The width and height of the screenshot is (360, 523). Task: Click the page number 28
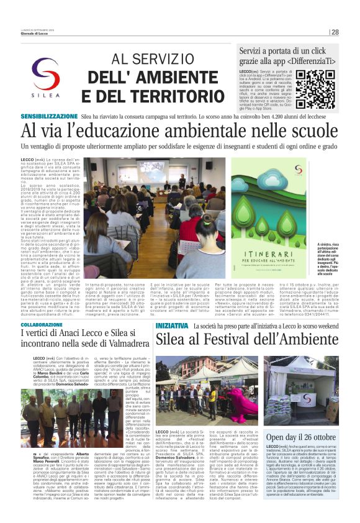pyautogui.click(x=335, y=32)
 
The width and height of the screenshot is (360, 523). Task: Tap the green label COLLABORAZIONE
pyautogui.click(x=42, y=325)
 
